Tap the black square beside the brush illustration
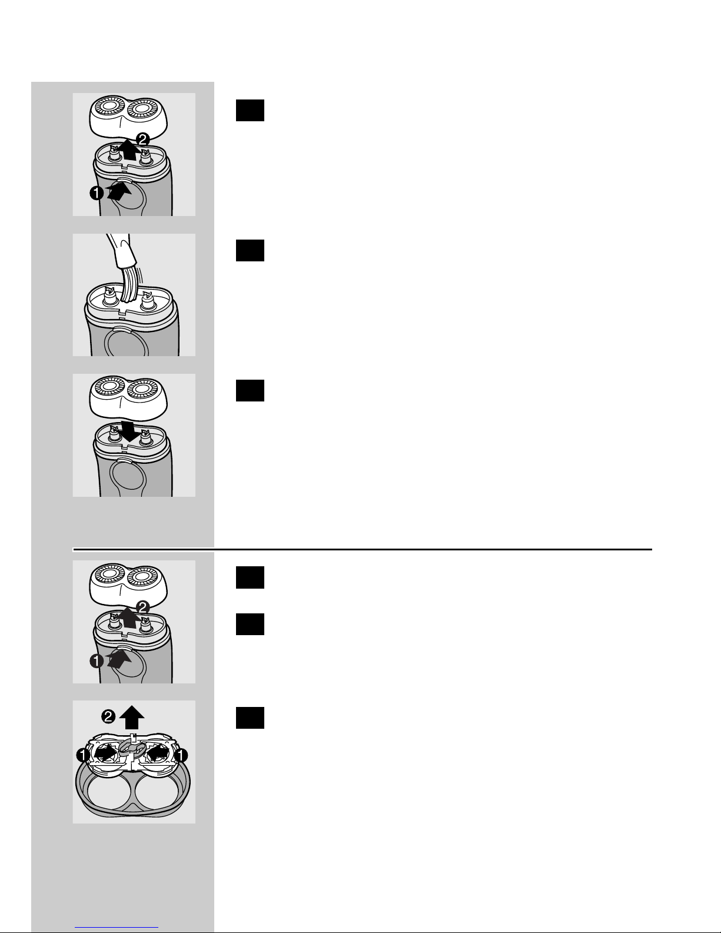pyautogui.click(x=250, y=251)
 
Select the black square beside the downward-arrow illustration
pyautogui.click(x=250, y=391)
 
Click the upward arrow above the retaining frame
pyautogui.click(x=132, y=718)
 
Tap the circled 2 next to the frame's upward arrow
pyautogui.click(x=108, y=716)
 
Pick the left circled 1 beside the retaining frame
pyautogui.click(x=84, y=755)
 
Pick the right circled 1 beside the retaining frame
pyautogui.click(x=181, y=755)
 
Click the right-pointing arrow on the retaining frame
pyautogui.click(x=105, y=753)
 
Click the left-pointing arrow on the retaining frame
pyautogui.click(x=160, y=753)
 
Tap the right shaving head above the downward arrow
pyautogui.click(x=144, y=390)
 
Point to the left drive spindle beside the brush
pyautogui.click(x=111, y=297)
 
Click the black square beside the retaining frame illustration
pyautogui.click(x=250, y=718)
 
